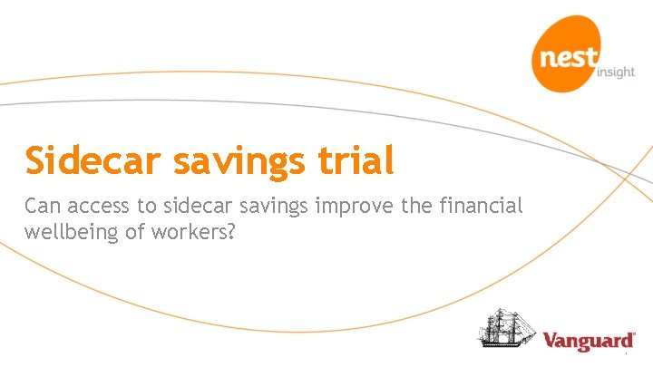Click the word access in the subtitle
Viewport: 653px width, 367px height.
coord(102,208)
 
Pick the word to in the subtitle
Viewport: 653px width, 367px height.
coord(150,207)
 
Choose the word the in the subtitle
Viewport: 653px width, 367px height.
coord(418,207)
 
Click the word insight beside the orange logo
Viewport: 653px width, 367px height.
coord(617,72)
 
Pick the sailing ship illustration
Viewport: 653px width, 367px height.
coord(505,329)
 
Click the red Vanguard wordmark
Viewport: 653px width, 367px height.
coord(588,342)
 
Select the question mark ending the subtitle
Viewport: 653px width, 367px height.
coord(231,231)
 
